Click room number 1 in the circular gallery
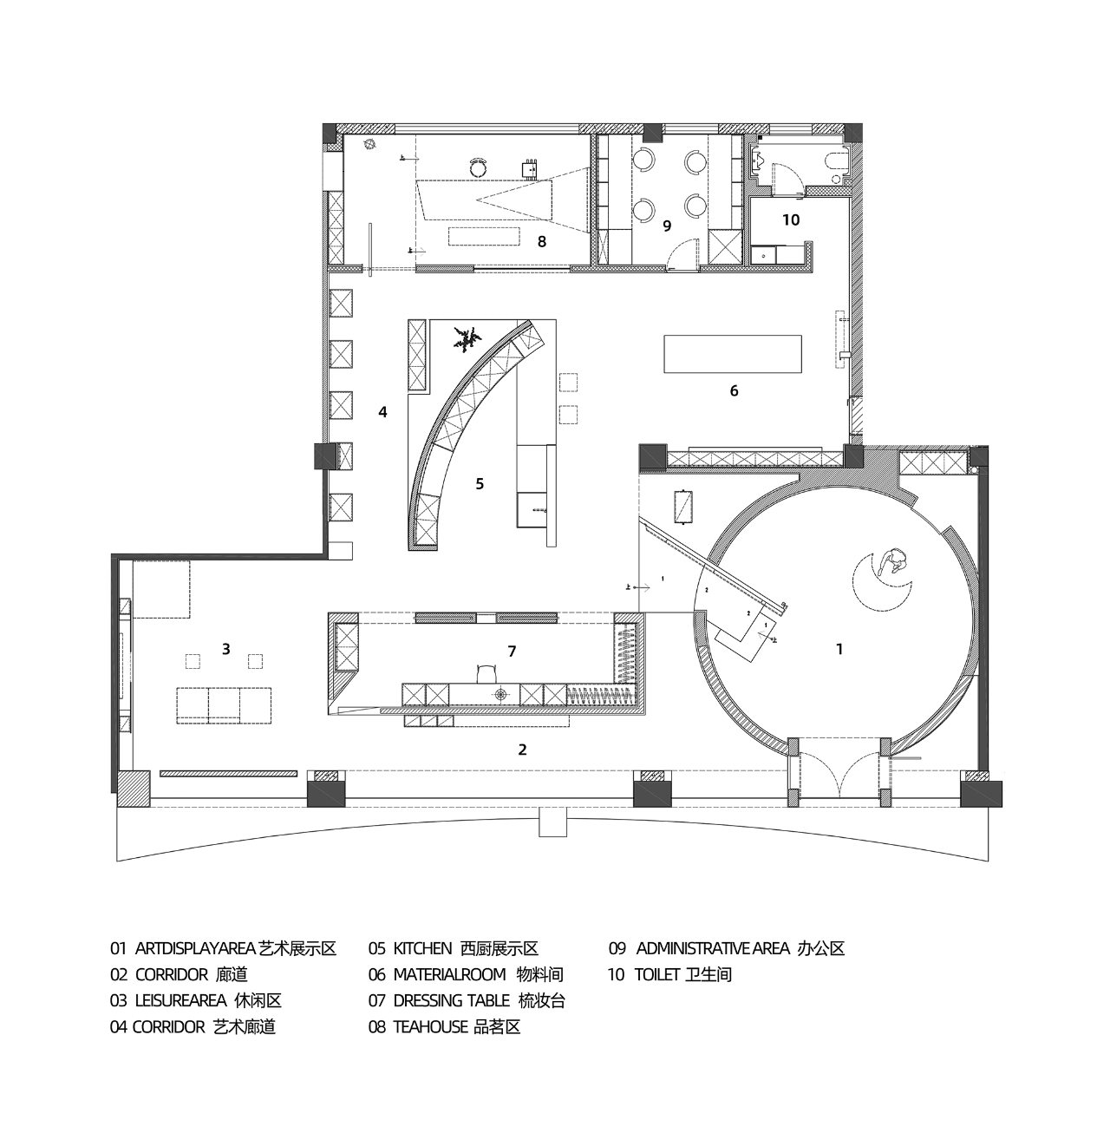(839, 649)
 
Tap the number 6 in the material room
(734, 391)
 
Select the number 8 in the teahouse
(541, 241)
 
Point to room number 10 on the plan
(791, 219)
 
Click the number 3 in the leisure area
(225, 649)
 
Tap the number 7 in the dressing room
(512, 652)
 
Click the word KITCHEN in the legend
(422, 948)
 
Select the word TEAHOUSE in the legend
(430, 1027)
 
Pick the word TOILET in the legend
(657, 974)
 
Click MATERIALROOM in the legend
(449, 974)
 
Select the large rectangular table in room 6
(733, 353)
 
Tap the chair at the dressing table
(486, 672)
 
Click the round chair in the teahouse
(479, 167)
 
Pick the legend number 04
(118, 1027)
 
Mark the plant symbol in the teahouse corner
(370, 144)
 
